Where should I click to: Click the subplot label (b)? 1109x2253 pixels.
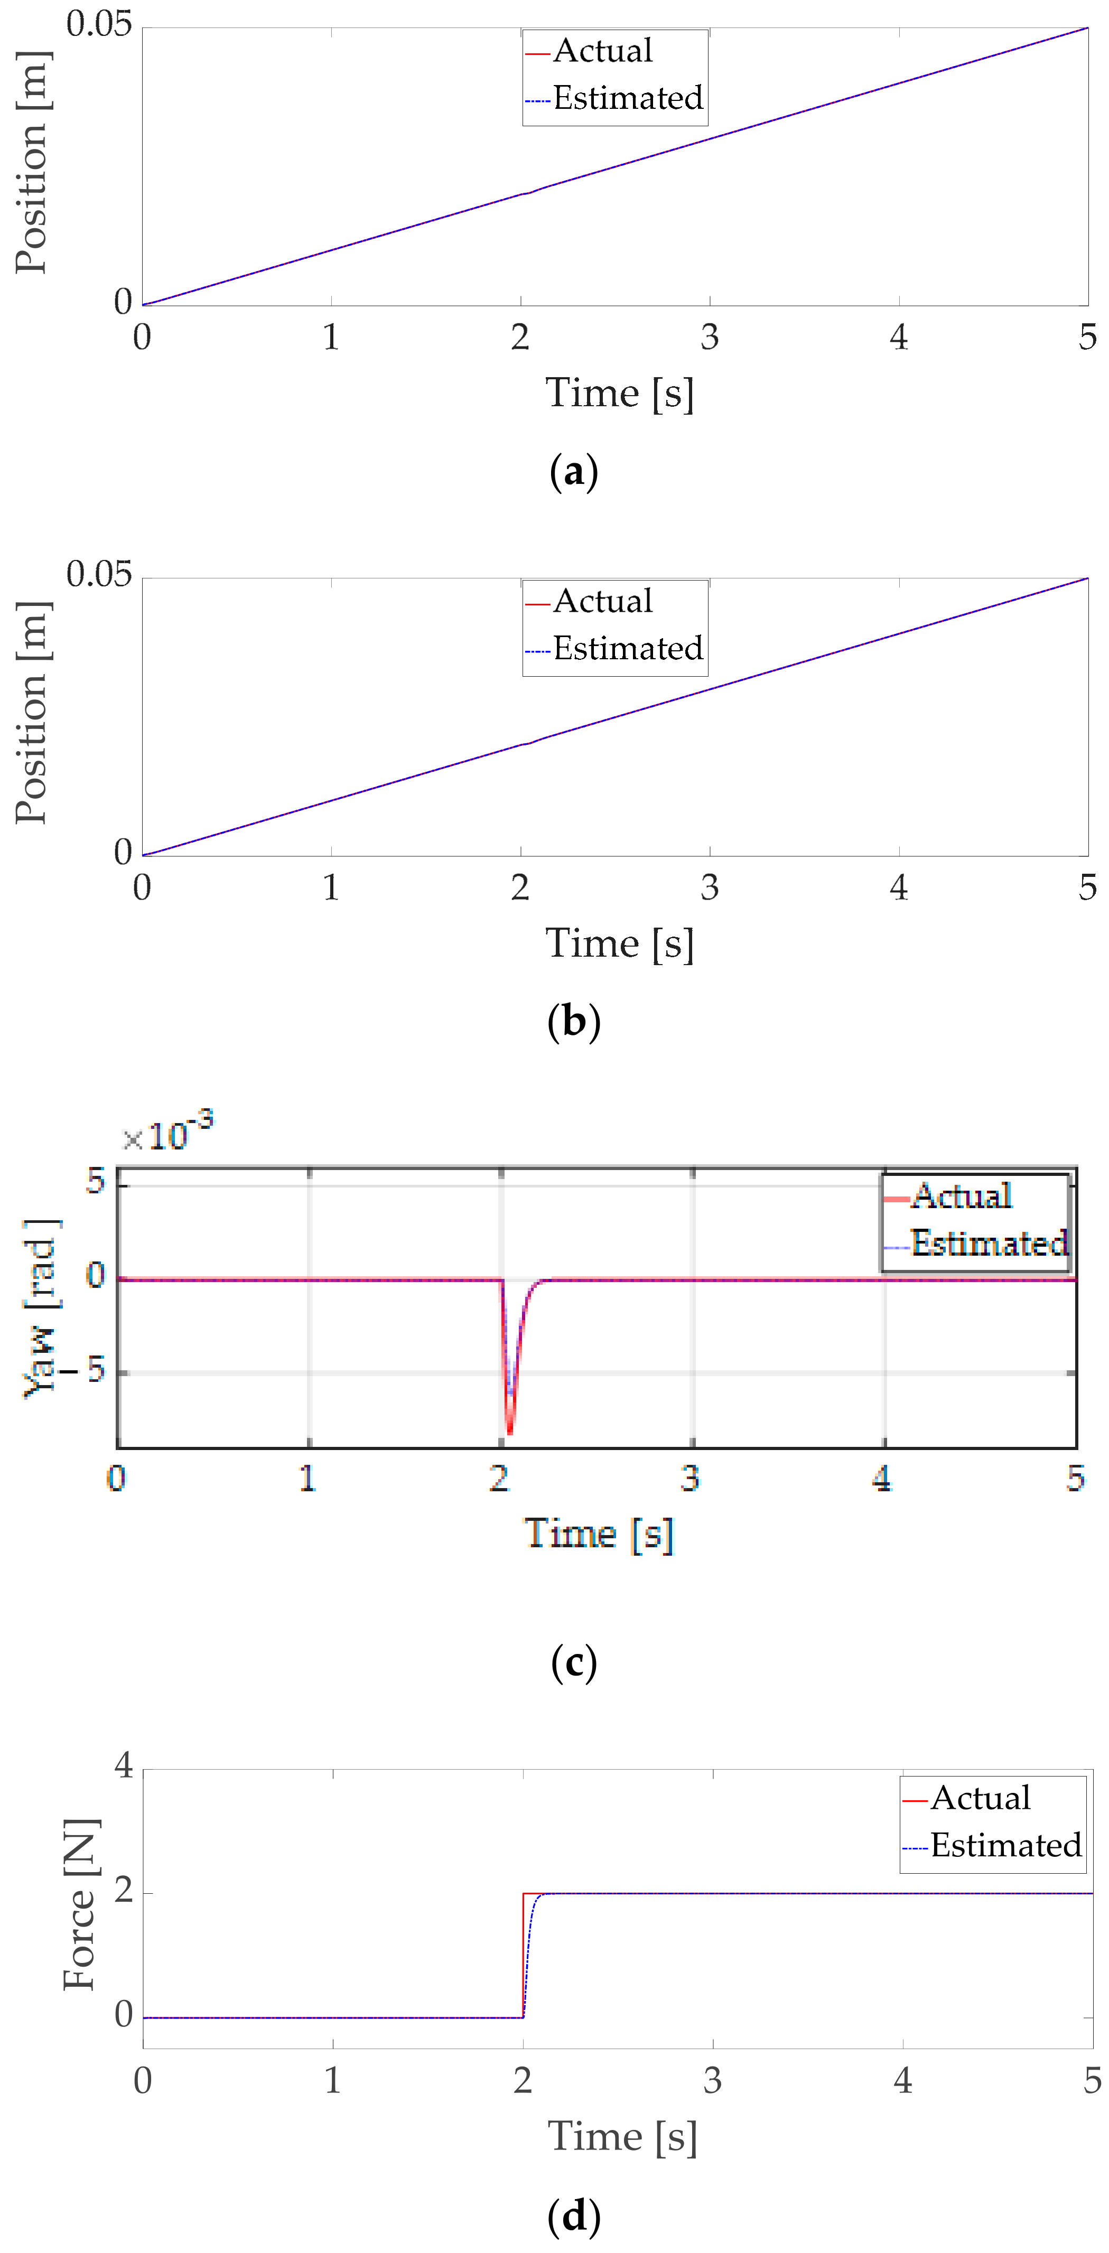coord(574,1022)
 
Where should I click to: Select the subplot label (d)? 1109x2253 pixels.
coord(574,2215)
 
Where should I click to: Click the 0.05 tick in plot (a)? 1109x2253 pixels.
coord(99,24)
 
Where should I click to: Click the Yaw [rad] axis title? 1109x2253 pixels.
coord(40,1307)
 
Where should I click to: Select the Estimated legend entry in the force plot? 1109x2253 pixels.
coord(1005,1845)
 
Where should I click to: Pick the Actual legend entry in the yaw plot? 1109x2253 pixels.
coord(961,1195)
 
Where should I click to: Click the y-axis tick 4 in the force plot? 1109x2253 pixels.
coord(123,1766)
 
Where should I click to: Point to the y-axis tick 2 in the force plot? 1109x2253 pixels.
coord(123,1891)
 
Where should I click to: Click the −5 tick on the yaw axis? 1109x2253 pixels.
coord(85,1370)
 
